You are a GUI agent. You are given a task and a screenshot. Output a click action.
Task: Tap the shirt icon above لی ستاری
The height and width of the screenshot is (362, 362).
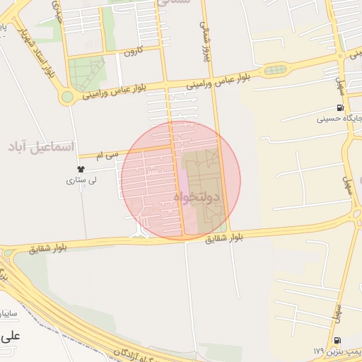81,170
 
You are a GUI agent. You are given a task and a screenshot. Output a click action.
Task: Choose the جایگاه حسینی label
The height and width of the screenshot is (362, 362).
340,118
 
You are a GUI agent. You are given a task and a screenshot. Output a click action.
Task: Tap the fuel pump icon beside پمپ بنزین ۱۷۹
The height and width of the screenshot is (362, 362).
337,340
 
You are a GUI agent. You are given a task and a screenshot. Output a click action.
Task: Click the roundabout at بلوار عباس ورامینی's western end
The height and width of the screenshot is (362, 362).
68,97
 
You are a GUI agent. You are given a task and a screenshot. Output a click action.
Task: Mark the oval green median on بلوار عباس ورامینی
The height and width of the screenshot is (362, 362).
276,70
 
